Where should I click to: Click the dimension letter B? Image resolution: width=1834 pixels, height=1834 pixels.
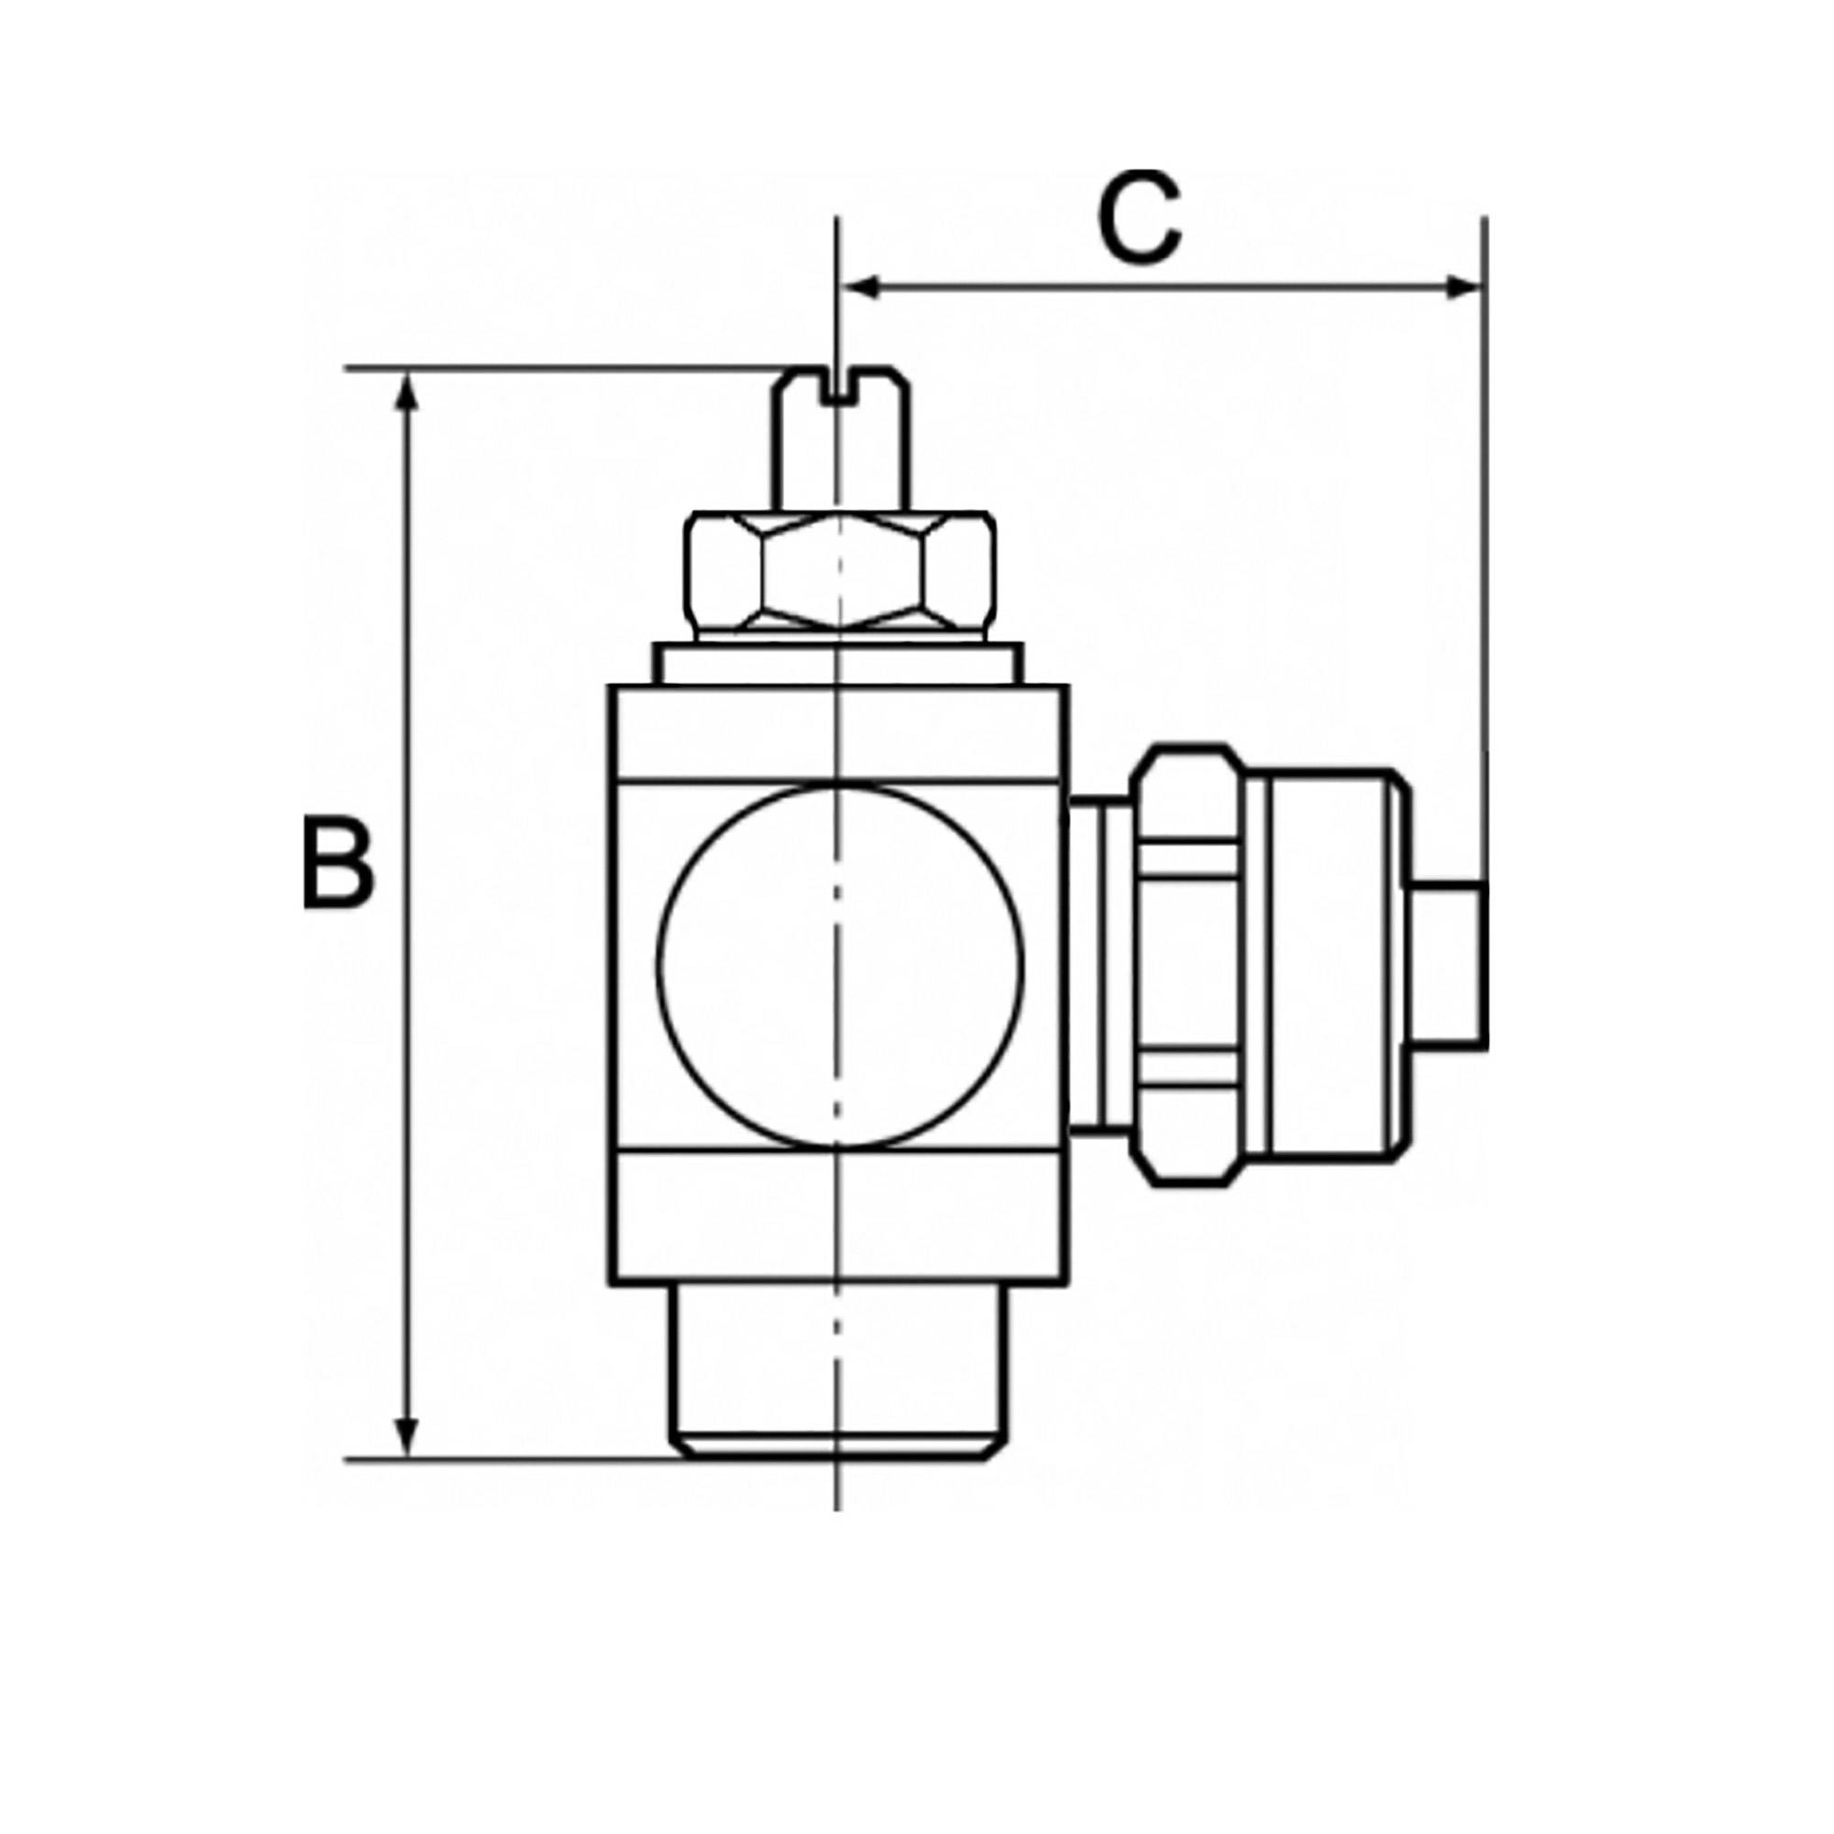point(338,867)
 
